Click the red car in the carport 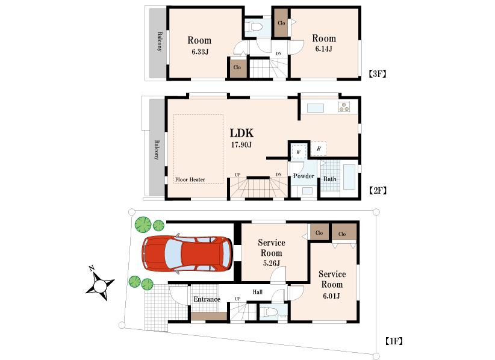point(187,253)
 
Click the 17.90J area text point(241,145)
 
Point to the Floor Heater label point(190,179)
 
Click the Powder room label point(304,176)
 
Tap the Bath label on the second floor point(329,179)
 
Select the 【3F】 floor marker point(376,75)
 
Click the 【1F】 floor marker point(393,341)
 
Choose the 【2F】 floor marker point(376,190)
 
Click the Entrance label point(207,299)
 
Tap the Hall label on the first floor point(257,292)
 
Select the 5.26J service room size point(272,262)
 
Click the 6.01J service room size point(332,296)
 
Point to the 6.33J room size point(199,52)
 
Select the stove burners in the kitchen point(344,107)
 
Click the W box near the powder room point(298,152)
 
